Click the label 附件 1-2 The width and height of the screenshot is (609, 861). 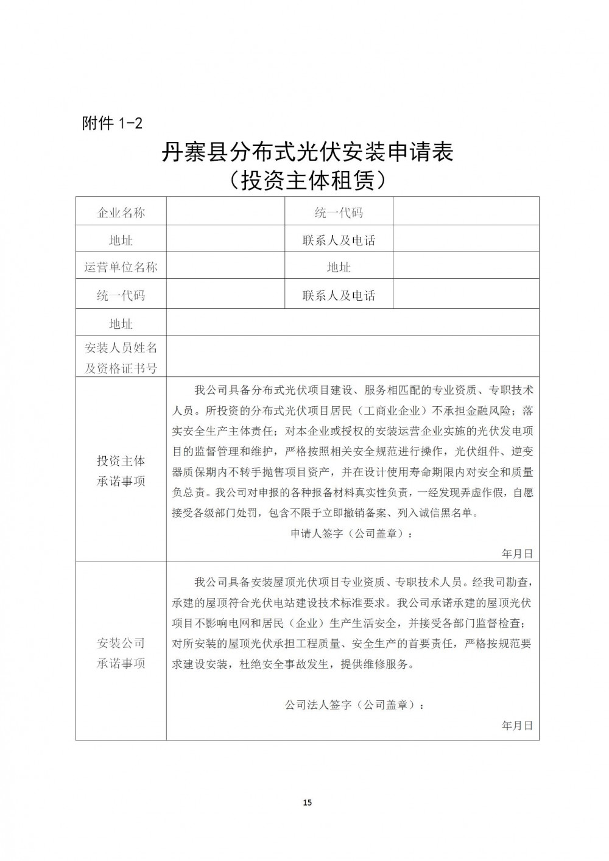coord(112,123)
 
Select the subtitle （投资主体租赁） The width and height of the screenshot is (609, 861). coord(306,181)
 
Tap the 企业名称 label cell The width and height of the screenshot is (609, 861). coord(121,213)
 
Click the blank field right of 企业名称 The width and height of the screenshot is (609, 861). coord(225,213)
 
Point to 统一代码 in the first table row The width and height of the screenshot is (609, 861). coord(339,213)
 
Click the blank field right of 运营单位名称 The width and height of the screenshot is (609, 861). coord(225,267)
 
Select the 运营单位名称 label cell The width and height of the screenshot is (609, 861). coord(121,267)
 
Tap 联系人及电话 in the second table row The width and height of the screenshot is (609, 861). coord(339,240)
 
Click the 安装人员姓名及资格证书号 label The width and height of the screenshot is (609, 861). coord(121,357)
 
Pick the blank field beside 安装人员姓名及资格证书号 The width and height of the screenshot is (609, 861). coord(352,357)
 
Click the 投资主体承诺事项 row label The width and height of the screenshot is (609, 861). coord(121,471)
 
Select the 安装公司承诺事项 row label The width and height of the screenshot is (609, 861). coord(121,653)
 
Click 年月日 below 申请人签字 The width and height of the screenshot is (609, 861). coord(517,553)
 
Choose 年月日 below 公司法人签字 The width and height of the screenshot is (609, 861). coord(517,726)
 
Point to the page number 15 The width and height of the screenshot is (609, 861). coord(307,803)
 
